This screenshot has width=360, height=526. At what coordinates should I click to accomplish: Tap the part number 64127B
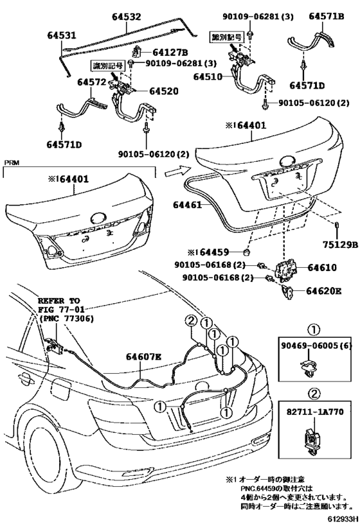[170, 52]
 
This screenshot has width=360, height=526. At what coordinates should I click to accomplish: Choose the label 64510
[212, 76]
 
